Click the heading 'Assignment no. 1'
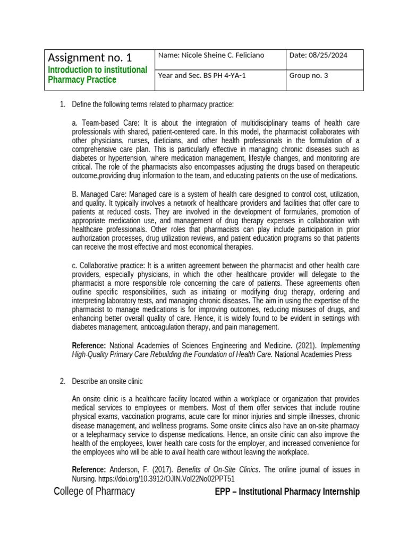pos(90,57)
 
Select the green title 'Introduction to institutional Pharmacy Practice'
pos(97,75)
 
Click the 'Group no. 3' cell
pos(309,75)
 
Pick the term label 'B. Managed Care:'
pos(99,194)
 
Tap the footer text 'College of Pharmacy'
pos(94,492)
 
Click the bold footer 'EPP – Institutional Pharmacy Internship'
pos(287,492)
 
